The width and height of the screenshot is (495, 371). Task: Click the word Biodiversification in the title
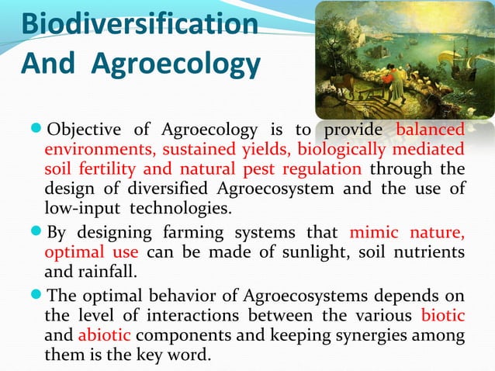pos(140,23)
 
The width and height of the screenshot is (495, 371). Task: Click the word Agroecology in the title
pos(176,64)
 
